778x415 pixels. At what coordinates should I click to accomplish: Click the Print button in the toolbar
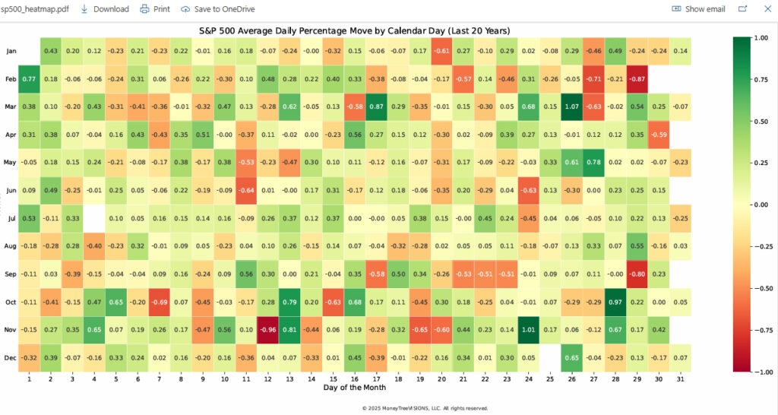[x=155, y=9]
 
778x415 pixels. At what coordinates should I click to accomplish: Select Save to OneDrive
[x=218, y=9]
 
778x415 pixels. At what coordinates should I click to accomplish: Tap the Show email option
[x=698, y=9]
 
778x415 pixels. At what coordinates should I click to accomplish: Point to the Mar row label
[x=11, y=106]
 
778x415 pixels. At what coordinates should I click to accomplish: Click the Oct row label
[x=11, y=303]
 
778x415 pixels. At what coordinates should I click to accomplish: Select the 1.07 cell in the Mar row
[x=571, y=106]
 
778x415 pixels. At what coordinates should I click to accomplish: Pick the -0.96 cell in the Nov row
[x=267, y=330]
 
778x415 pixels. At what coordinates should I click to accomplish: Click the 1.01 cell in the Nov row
[x=528, y=330]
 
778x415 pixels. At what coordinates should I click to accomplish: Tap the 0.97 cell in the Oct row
[x=615, y=303]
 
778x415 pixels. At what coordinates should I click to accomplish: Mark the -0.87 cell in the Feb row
[x=637, y=78]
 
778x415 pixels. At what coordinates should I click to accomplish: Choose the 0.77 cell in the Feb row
[x=30, y=78]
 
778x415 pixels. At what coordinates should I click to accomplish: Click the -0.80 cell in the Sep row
[x=637, y=274]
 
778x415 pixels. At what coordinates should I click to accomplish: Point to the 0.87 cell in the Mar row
[x=376, y=106]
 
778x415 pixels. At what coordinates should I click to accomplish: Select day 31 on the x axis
[x=680, y=378]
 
